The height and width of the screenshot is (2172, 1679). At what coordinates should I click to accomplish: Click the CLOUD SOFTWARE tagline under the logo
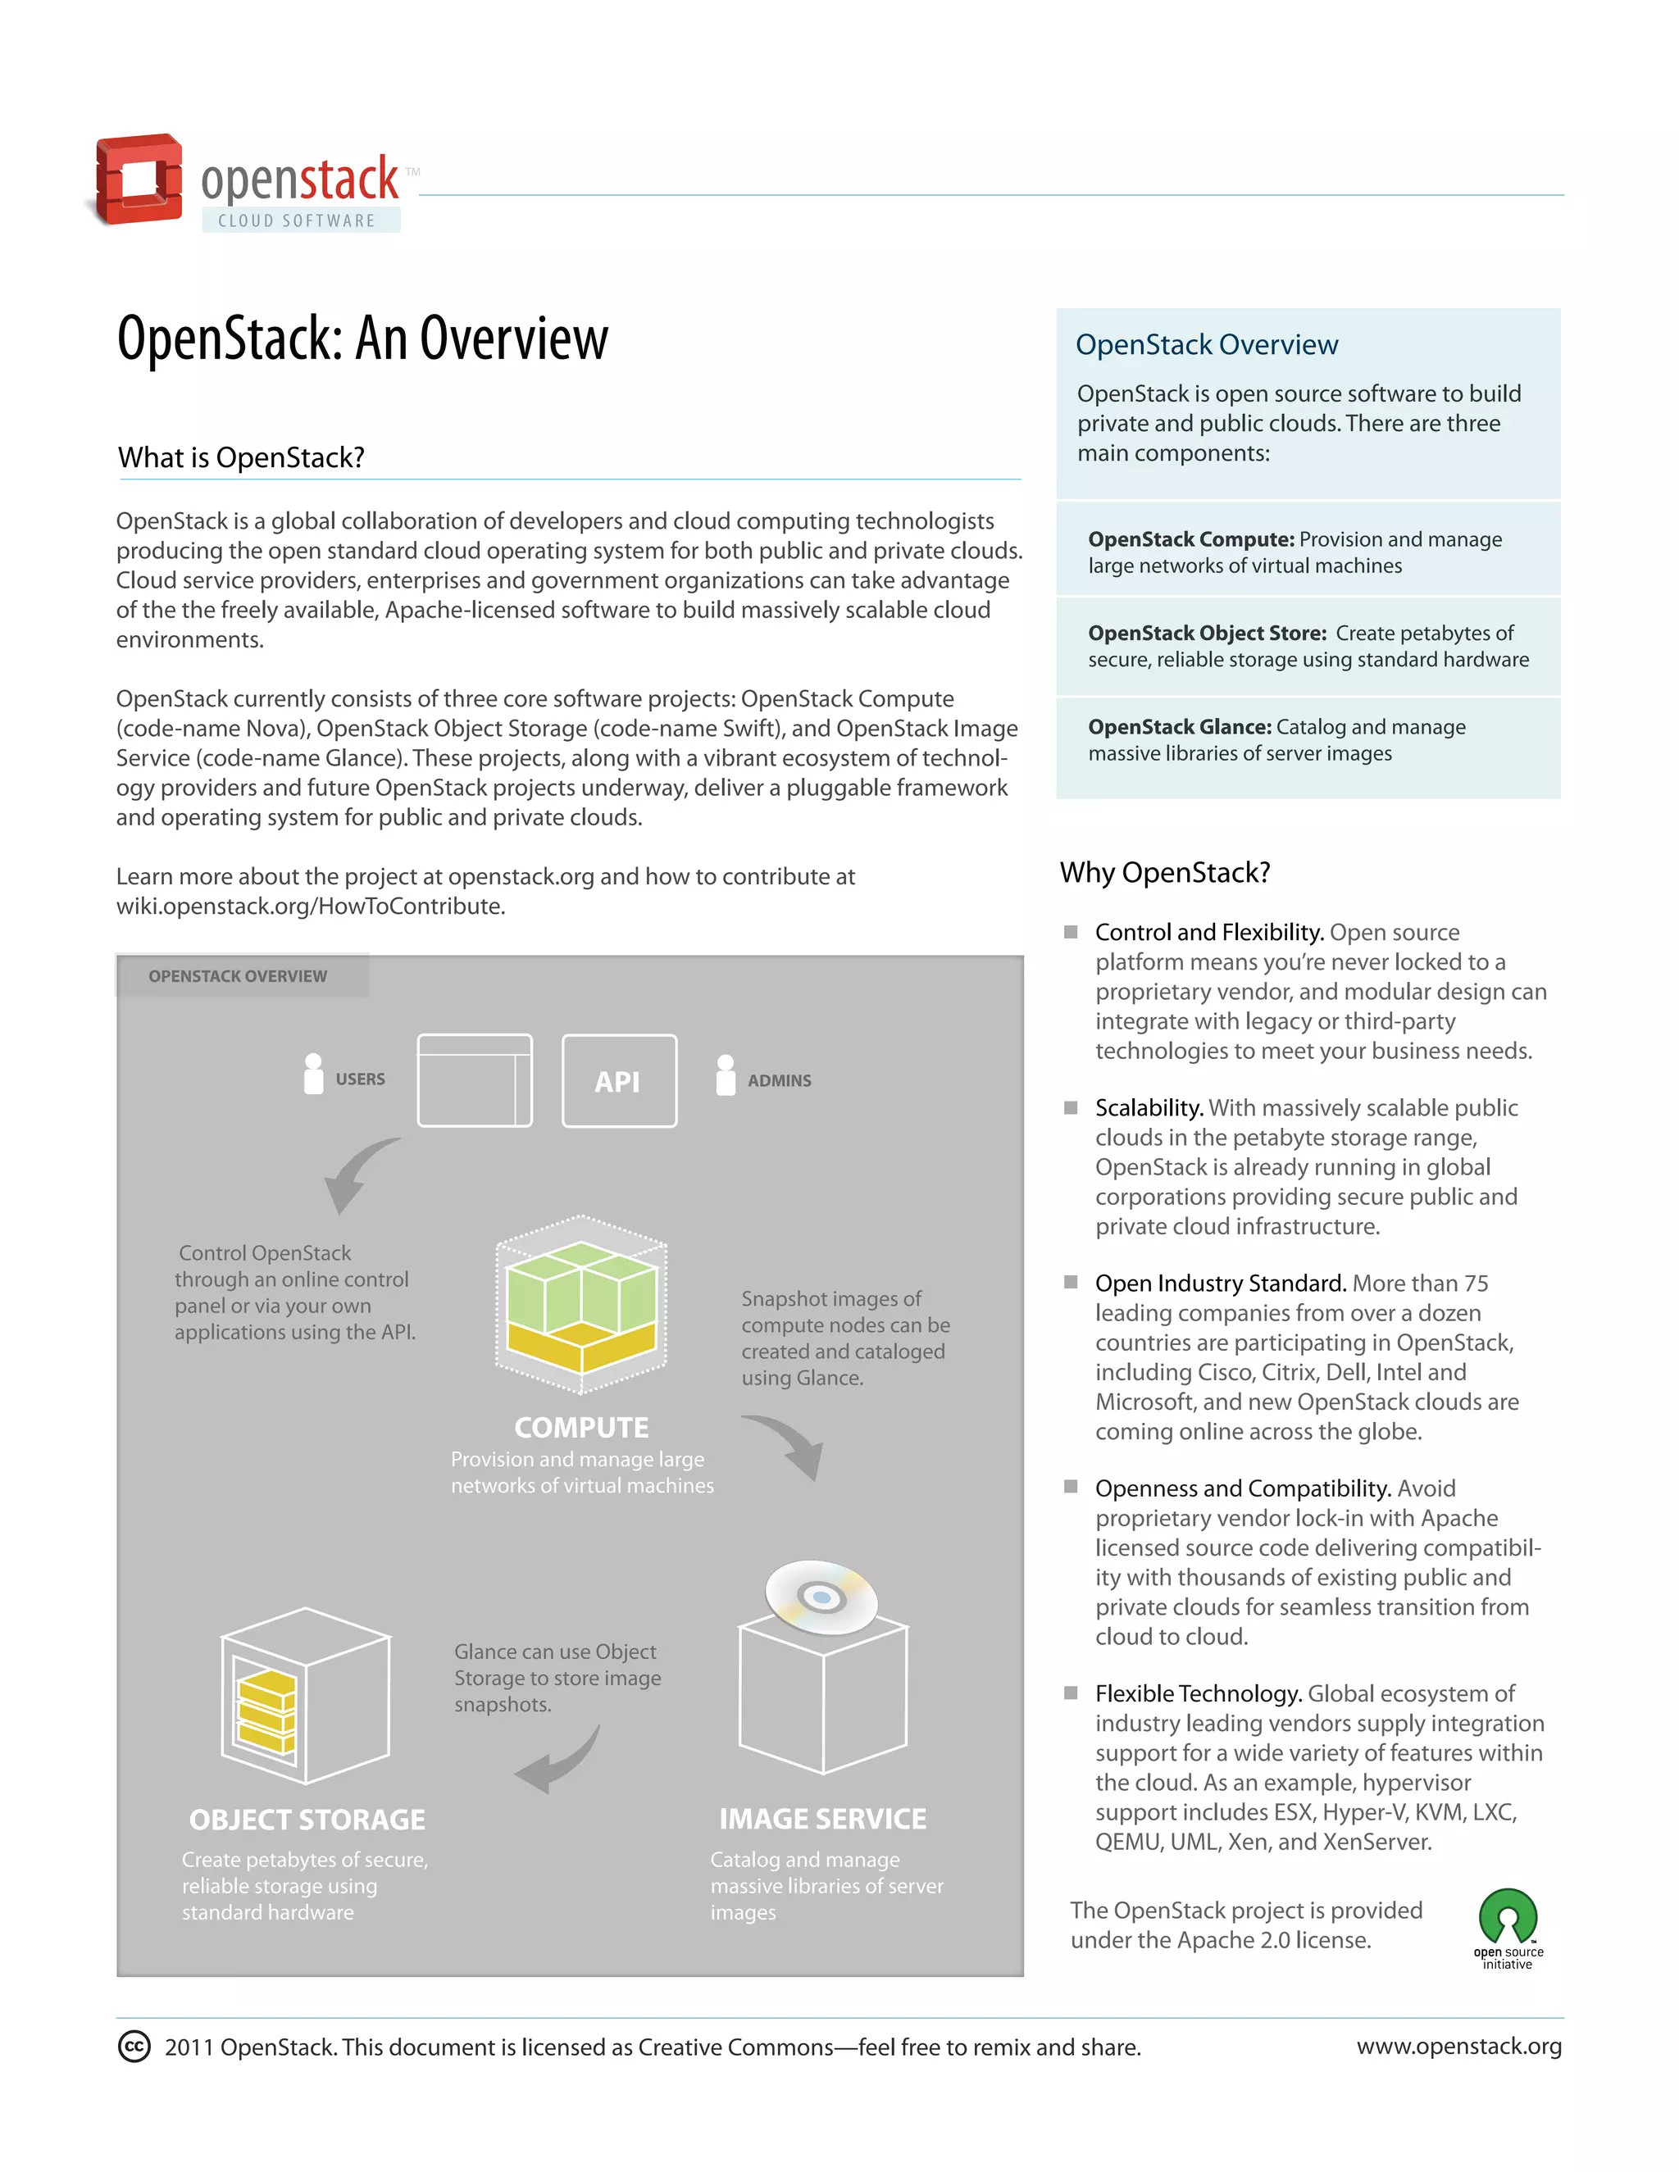coord(297,220)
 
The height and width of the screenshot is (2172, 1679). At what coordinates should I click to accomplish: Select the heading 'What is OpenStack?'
coord(241,457)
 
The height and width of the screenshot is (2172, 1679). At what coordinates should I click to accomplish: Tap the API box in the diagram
coord(619,1081)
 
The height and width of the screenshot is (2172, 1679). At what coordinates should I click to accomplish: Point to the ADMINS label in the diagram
coord(779,1081)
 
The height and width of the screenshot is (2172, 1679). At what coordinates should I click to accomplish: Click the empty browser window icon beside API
coord(475,1080)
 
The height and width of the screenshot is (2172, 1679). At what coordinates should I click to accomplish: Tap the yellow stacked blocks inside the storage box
coord(266,1711)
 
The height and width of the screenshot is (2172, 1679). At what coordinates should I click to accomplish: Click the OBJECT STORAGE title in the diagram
coord(307,1820)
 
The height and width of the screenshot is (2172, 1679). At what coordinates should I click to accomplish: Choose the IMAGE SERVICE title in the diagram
coord(822,1819)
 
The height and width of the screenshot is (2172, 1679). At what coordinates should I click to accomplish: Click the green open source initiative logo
coord(1508,1917)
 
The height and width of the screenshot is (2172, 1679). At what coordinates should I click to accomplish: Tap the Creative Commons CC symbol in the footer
coord(134,2047)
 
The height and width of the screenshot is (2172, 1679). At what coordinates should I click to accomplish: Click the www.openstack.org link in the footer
coord(1458,2046)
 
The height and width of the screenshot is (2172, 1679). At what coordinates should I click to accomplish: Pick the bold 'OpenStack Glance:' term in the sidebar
coord(1179,727)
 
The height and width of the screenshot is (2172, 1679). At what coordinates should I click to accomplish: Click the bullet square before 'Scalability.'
coord(1072,1108)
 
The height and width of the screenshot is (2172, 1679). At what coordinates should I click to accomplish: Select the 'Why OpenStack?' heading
coord(1165,872)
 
